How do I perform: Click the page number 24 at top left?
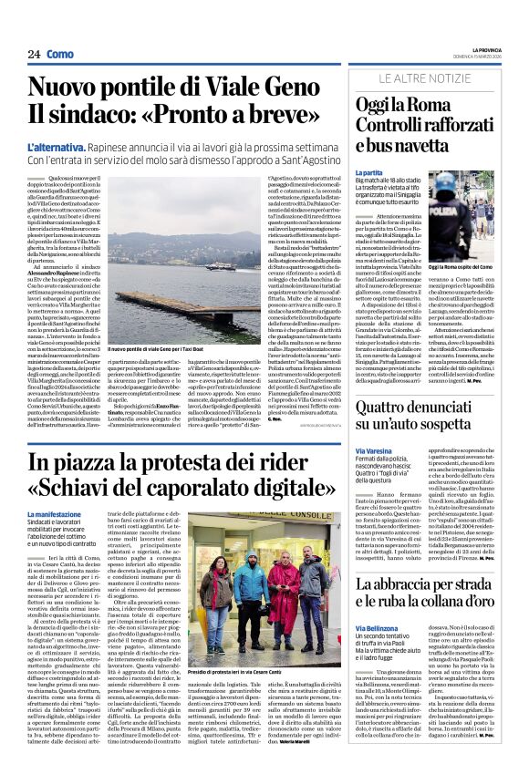pos(34,54)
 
